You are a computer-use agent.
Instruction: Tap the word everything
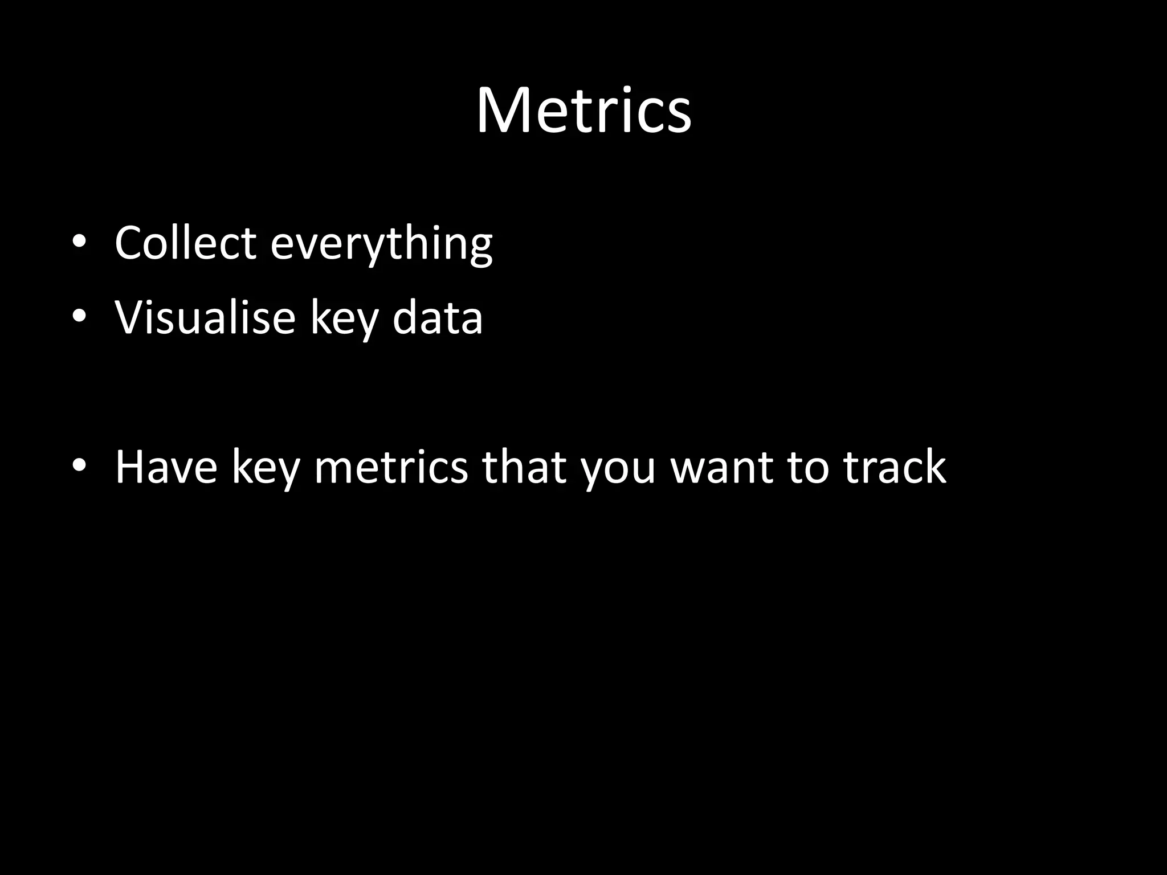[381, 245]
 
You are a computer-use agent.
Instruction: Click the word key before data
[344, 319]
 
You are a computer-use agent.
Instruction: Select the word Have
[166, 467]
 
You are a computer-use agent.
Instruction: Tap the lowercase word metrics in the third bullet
[390, 467]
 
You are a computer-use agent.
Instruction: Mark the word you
[618, 471]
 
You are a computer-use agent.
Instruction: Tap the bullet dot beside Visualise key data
[79, 317]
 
